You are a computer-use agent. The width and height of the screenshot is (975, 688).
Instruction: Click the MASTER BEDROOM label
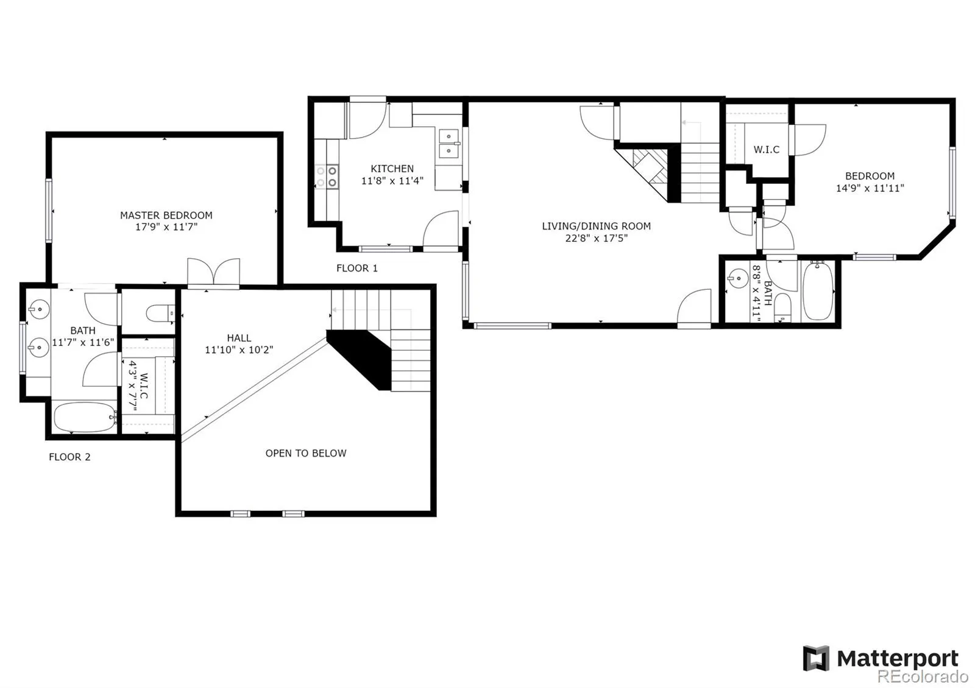click(x=166, y=216)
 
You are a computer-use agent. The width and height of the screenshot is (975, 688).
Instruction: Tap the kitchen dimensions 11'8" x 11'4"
click(x=392, y=180)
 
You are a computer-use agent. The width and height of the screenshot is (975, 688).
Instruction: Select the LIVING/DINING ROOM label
click(x=597, y=226)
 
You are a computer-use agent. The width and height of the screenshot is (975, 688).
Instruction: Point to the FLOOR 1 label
click(x=357, y=269)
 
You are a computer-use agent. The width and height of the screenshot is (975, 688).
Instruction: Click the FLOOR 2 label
click(x=69, y=457)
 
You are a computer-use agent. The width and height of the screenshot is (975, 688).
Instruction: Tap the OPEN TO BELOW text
click(x=306, y=453)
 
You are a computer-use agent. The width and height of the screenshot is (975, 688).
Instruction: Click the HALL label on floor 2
click(x=239, y=338)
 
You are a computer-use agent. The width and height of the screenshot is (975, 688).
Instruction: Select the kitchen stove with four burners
click(x=327, y=177)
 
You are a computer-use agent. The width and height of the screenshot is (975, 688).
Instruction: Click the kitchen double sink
click(x=448, y=144)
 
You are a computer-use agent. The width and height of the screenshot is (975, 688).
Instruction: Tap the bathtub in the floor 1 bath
click(x=818, y=292)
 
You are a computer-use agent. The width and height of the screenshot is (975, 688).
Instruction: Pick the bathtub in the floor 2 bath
click(x=85, y=417)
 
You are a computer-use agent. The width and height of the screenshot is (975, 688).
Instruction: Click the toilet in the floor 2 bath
click(x=160, y=313)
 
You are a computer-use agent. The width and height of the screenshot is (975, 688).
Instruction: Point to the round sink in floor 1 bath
click(x=738, y=278)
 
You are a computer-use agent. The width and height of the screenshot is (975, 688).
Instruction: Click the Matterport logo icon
click(x=816, y=658)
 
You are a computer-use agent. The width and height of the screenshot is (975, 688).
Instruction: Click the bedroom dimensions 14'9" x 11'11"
click(x=870, y=188)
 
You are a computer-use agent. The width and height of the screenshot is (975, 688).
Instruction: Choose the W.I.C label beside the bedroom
click(x=767, y=150)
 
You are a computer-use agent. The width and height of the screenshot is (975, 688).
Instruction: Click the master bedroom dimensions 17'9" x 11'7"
click(x=166, y=227)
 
